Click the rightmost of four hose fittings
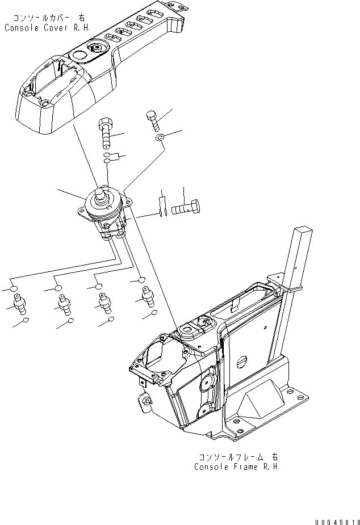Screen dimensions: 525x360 149,296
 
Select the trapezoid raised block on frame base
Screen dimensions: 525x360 258,406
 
